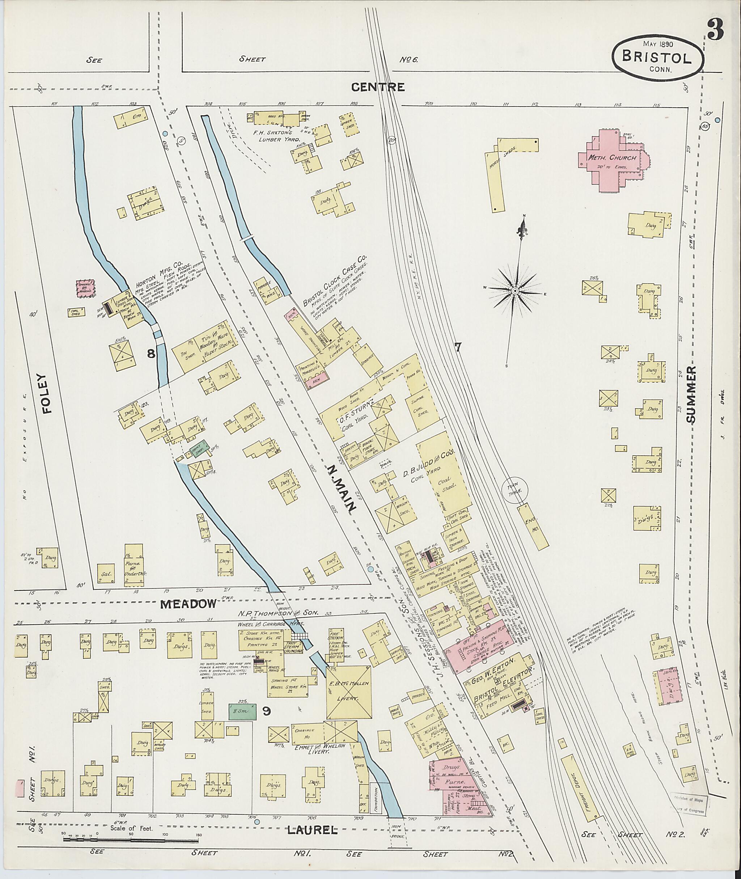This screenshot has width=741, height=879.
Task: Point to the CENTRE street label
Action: coord(378,88)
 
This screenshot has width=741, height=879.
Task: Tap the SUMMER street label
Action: coord(691,394)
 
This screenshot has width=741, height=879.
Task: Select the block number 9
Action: coord(266,711)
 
